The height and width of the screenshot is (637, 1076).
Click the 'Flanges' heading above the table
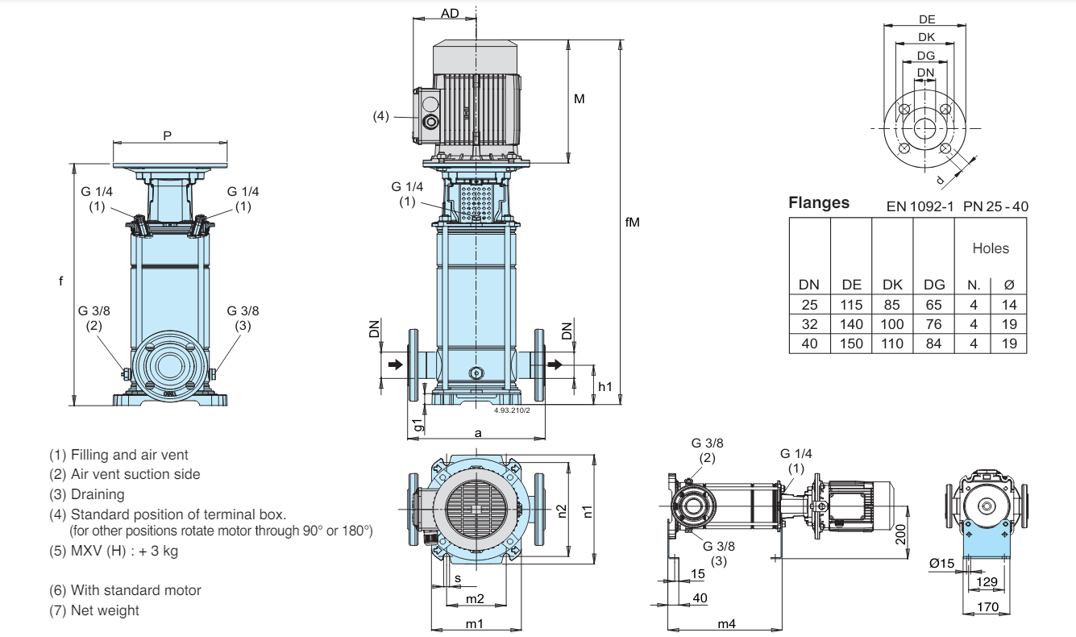[x=819, y=202]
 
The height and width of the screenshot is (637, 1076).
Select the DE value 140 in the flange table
[x=851, y=324]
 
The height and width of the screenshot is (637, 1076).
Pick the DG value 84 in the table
[x=933, y=343]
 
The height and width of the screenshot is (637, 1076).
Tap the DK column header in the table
[x=892, y=285]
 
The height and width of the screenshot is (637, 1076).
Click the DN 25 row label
[x=809, y=305]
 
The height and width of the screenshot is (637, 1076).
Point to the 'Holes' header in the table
[x=991, y=248]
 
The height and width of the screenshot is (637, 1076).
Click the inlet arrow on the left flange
[x=395, y=364]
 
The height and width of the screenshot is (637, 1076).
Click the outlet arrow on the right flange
[x=555, y=364]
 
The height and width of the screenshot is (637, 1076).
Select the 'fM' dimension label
[x=632, y=222]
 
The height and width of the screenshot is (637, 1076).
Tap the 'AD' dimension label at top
[x=450, y=14]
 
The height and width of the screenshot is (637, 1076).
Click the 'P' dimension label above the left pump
[x=167, y=136]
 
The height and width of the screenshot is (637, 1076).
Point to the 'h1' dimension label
[x=605, y=387]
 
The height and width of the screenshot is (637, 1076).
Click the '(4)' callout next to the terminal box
[x=381, y=116]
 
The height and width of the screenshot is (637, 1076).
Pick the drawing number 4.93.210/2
[x=512, y=410]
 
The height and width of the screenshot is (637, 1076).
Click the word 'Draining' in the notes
[x=98, y=494]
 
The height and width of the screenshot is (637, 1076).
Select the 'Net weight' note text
[x=105, y=610]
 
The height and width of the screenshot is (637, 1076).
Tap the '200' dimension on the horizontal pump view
[x=900, y=535]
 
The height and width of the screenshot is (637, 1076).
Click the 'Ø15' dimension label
[x=941, y=563]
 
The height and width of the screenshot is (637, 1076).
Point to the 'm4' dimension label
[x=726, y=624]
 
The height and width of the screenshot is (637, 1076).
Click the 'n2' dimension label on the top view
[x=562, y=512]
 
